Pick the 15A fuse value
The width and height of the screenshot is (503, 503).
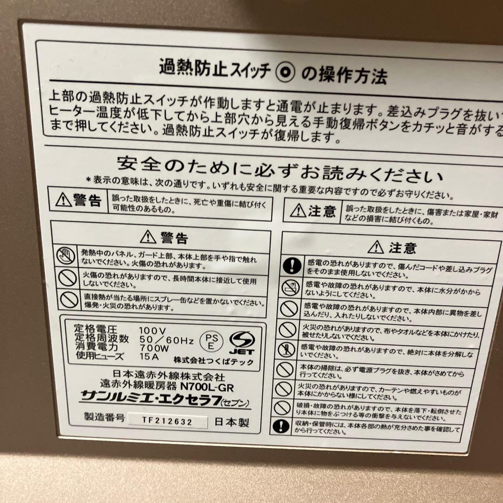(149, 357)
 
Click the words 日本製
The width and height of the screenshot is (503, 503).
(231, 422)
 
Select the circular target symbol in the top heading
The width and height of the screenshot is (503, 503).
(285, 72)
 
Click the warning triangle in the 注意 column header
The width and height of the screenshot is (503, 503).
(376, 246)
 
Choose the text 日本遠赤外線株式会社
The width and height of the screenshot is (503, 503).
(169, 375)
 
